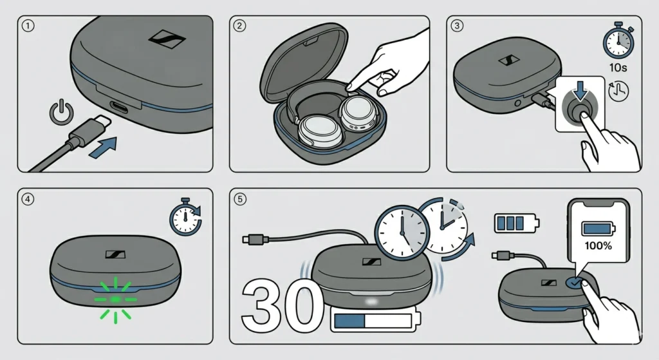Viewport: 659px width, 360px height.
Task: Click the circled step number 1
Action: pos(27,26)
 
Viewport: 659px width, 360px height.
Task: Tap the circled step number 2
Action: pos(240,26)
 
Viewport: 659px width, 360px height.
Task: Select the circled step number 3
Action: pos(458,26)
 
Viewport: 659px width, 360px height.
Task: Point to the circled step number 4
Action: pos(27,198)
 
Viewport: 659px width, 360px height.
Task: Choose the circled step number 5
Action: pos(240,199)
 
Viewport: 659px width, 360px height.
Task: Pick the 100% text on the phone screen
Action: pos(598,245)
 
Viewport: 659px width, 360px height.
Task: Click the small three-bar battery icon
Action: pos(515,223)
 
